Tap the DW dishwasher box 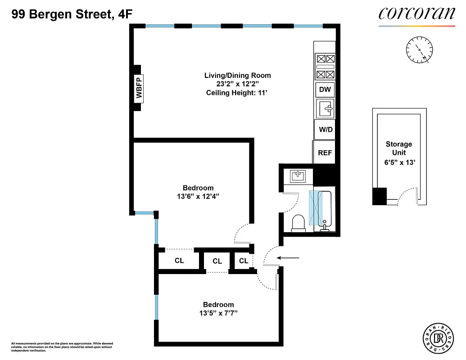pyautogui.click(x=325, y=90)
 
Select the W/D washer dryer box pyautogui.click(x=325, y=130)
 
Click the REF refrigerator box pyautogui.click(x=325, y=153)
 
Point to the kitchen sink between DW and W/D pyautogui.click(x=325, y=109)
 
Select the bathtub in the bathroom pyautogui.click(x=322, y=209)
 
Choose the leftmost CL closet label pyautogui.click(x=179, y=261)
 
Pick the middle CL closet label pyautogui.click(x=217, y=261)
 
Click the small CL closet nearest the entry pyautogui.click(x=244, y=261)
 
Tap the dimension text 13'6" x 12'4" pyautogui.click(x=198, y=196)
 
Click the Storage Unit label pyautogui.click(x=398, y=148)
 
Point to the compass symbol pyautogui.click(x=419, y=49)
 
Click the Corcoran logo pyautogui.click(x=416, y=14)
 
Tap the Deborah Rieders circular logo pyautogui.click(x=438, y=337)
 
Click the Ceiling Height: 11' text pyautogui.click(x=237, y=93)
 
